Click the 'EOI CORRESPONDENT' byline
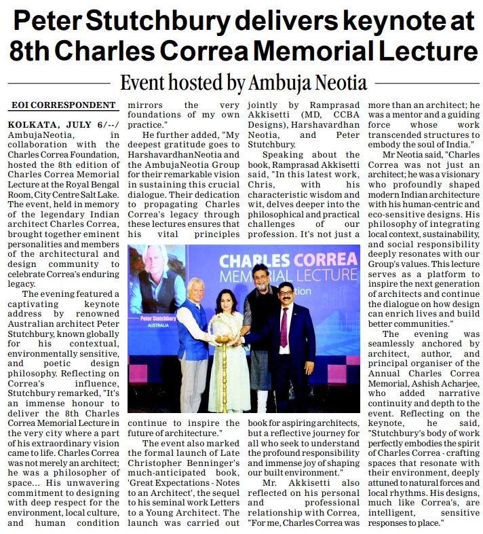coord(63,105)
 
